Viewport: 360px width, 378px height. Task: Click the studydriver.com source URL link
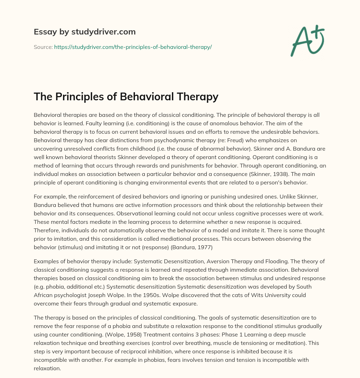[x=133, y=47]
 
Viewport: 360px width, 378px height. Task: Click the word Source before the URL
[x=43, y=47]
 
